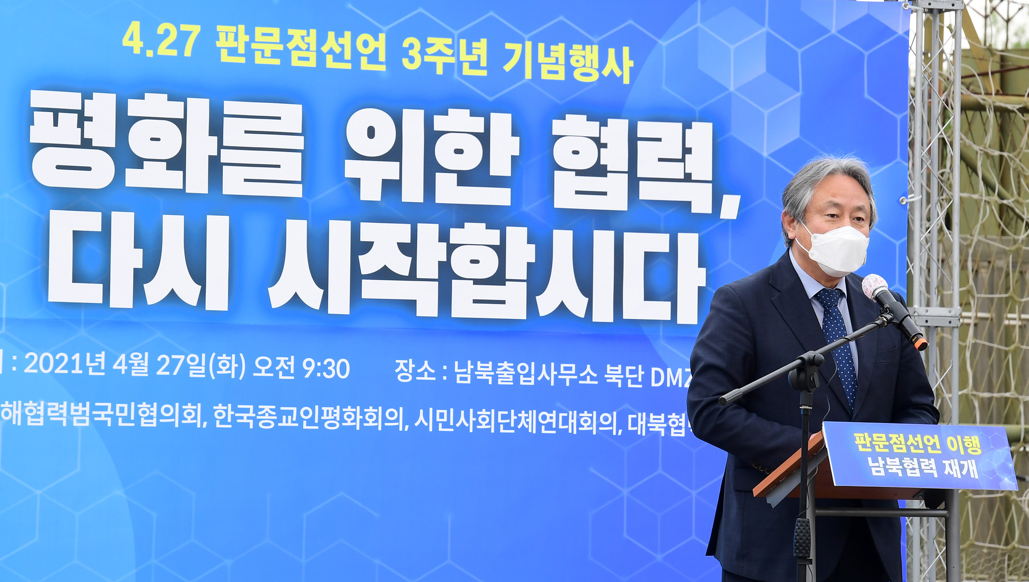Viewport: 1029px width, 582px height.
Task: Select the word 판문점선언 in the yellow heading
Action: pyautogui.click(x=301, y=47)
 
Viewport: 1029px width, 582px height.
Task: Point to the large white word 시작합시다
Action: pyautogui.click(x=486, y=272)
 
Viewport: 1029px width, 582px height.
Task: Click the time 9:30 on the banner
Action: pyautogui.click(x=326, y=368)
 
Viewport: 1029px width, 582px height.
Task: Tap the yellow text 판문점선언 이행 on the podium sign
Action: pyautogui.click(x=917, y=443)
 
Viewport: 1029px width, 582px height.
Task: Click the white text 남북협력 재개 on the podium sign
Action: pyautogui.click(x=922, y=467)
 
